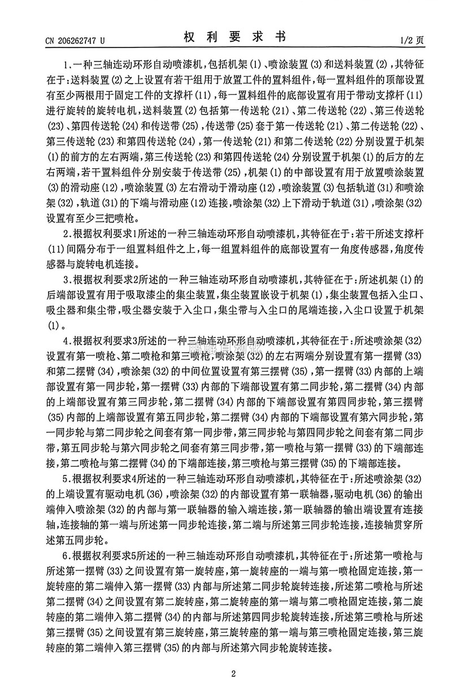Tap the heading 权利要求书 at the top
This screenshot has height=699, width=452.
pos(234,38)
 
